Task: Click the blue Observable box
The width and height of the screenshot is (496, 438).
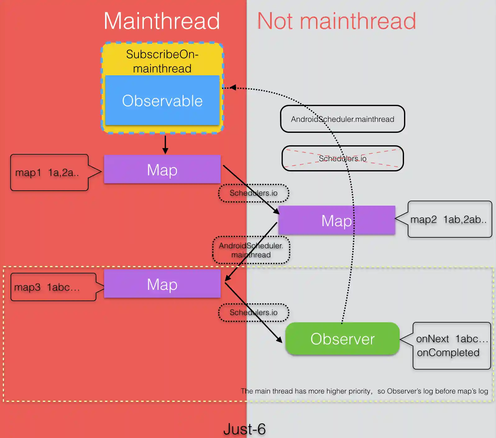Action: tap(162, 100)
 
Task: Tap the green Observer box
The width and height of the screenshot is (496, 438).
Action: tap(342, 338)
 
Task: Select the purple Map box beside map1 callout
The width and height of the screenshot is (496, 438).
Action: tap(162, 170)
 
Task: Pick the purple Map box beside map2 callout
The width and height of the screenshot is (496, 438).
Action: tap(337, 220)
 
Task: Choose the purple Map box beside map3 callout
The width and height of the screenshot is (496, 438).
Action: tap(162, 284)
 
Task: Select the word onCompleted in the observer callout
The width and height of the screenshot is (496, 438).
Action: tap(448, 352)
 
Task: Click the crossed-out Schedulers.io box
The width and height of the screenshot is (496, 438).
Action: tap(342, 158)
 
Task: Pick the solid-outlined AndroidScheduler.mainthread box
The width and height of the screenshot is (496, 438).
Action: tap(342, 119)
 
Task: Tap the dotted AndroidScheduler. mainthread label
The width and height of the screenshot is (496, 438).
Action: tap(251, 250)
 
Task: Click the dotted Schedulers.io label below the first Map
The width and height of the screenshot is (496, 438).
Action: tap(254, 193)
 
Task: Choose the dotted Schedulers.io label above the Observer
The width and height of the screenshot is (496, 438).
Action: tap(254, 312)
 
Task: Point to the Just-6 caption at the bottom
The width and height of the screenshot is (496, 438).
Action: tap(245, 429)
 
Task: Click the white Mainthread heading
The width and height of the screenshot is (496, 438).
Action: tap(162, 21)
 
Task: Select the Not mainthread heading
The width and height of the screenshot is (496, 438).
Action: tap(336, 21)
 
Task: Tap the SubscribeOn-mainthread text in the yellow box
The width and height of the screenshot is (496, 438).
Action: tap(162, 61)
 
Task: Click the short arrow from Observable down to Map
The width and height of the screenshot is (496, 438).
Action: tap(165, 145)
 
